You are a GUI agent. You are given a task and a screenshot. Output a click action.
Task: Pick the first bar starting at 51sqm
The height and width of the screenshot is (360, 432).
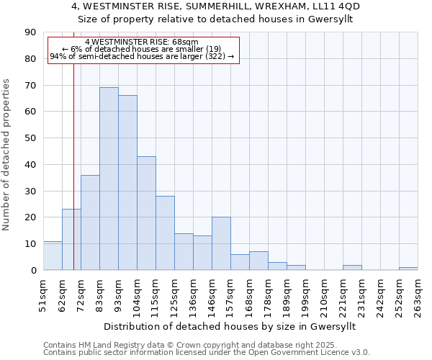point(53,256)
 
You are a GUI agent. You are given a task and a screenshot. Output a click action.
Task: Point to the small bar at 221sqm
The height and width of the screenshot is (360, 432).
point(352,267)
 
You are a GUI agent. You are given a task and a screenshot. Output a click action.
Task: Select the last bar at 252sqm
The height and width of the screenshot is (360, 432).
point(408,269)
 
